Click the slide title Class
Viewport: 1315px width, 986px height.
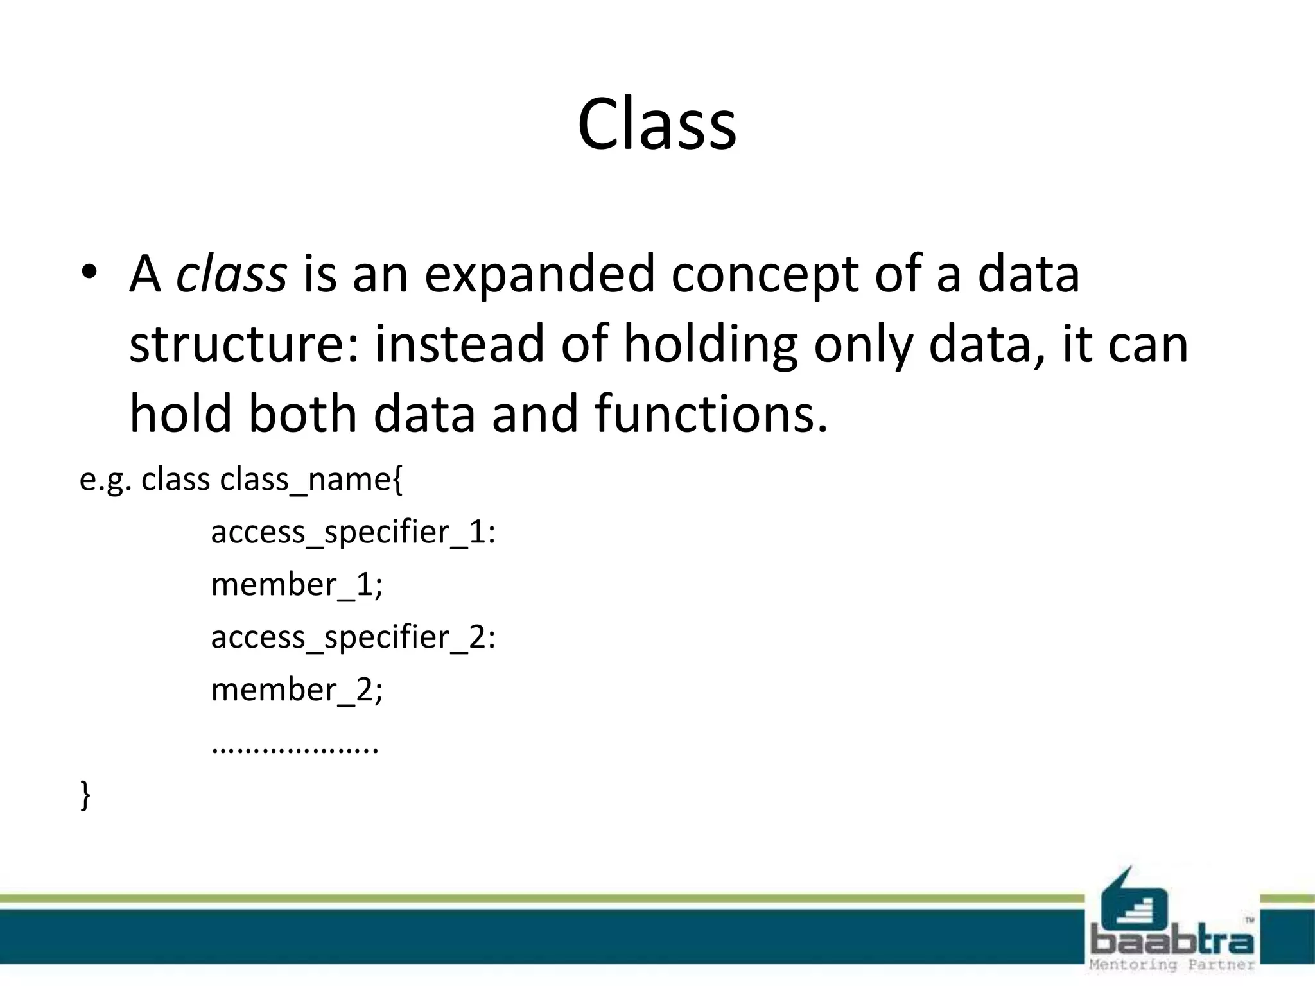(x=656, y=125)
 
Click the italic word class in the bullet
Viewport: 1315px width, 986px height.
(x=231, y=274)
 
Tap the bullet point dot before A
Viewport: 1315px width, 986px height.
(x=89, y=272)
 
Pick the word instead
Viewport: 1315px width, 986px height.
(x=459, y=343)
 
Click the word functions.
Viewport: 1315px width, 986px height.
(x=711, y=414)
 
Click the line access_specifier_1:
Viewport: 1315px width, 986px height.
(x=353, y=533)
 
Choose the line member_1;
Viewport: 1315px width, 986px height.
(x=297, y=585)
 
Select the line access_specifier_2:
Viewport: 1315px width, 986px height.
(x=353, y=638)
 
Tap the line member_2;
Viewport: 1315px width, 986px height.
(x=297, y=690)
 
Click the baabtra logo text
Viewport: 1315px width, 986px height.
(x=1172, y=941)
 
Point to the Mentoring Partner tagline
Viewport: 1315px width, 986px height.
(x=1172, y=965)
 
